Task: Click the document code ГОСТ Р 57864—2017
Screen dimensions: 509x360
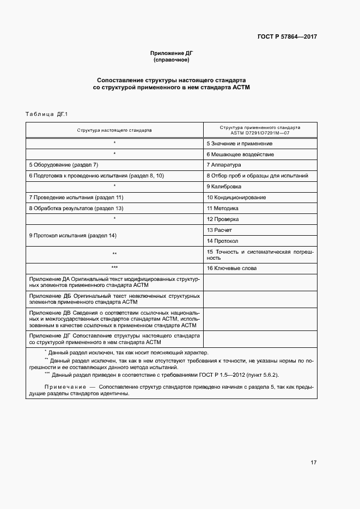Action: coord(287,37)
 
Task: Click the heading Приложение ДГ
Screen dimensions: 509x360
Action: coord(172,53)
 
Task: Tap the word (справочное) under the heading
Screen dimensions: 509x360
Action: coord(172,59)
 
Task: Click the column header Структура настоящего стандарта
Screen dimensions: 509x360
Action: coord(114,131)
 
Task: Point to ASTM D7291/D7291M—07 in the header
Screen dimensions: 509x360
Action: coord(260,133)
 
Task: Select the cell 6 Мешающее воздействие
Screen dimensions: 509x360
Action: coord(240,154)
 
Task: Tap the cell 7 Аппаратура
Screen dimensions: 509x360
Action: coord(224,164)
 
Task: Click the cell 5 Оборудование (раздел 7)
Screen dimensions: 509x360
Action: coord(63,164)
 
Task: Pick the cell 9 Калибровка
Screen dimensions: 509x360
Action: coord(224,186)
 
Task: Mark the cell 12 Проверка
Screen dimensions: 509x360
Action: coord(222,219)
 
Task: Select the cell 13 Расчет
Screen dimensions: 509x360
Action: coord(219,230)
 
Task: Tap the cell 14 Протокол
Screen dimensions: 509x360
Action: coord(222,241)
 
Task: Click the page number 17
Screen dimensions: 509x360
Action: coord(314,463)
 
